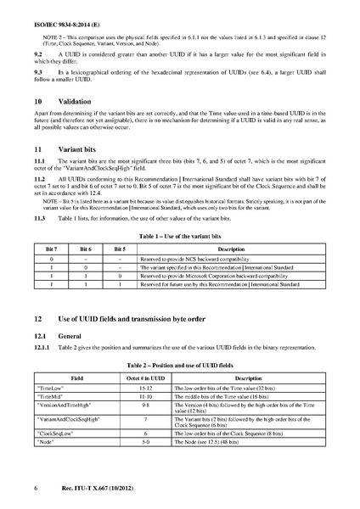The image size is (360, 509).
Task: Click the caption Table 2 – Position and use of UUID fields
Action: click(179, 362)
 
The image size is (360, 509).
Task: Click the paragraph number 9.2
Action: click(37, 53)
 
